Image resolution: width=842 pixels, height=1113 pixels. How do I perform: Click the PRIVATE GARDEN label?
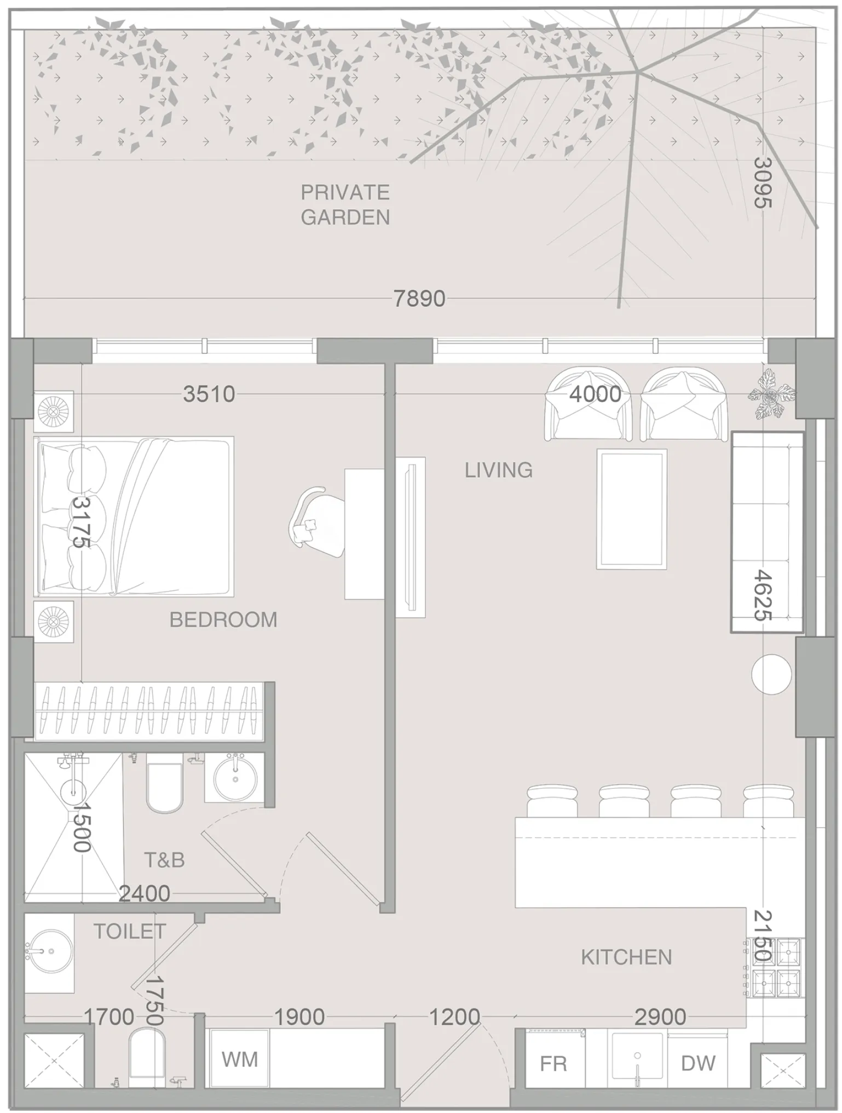[x=345, y=205]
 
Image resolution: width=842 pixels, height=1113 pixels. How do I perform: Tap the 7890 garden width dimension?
[x=419, y=299]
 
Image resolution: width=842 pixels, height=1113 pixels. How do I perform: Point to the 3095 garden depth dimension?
[x=762, y=182]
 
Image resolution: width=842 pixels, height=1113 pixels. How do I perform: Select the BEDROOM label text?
[x=223, y=620]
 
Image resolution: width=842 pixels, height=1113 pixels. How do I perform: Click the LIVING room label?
[x=498, y=470]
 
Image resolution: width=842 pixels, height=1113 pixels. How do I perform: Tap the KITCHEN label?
[x=626, y=957]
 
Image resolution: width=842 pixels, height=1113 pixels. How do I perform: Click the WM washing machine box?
[x=239, y=1059]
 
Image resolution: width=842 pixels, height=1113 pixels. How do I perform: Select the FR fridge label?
[x=553, y=1064]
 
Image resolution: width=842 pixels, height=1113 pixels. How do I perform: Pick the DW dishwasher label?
[x=698, y=1063]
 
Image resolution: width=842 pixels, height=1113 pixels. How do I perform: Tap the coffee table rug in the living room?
[x=632, y=509]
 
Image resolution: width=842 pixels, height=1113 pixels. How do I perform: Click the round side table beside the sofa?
[x=771, y=675]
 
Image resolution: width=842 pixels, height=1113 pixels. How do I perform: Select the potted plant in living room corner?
[x=771, y=394]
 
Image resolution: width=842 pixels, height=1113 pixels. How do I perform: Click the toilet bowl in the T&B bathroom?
[x=164, y=783]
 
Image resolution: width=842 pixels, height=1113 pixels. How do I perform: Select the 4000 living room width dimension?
[x=595, y=394]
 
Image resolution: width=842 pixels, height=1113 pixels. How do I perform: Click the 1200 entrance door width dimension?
[x=454, y=1017]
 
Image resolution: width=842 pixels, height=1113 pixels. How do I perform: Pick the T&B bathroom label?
[x=164, y=860]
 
